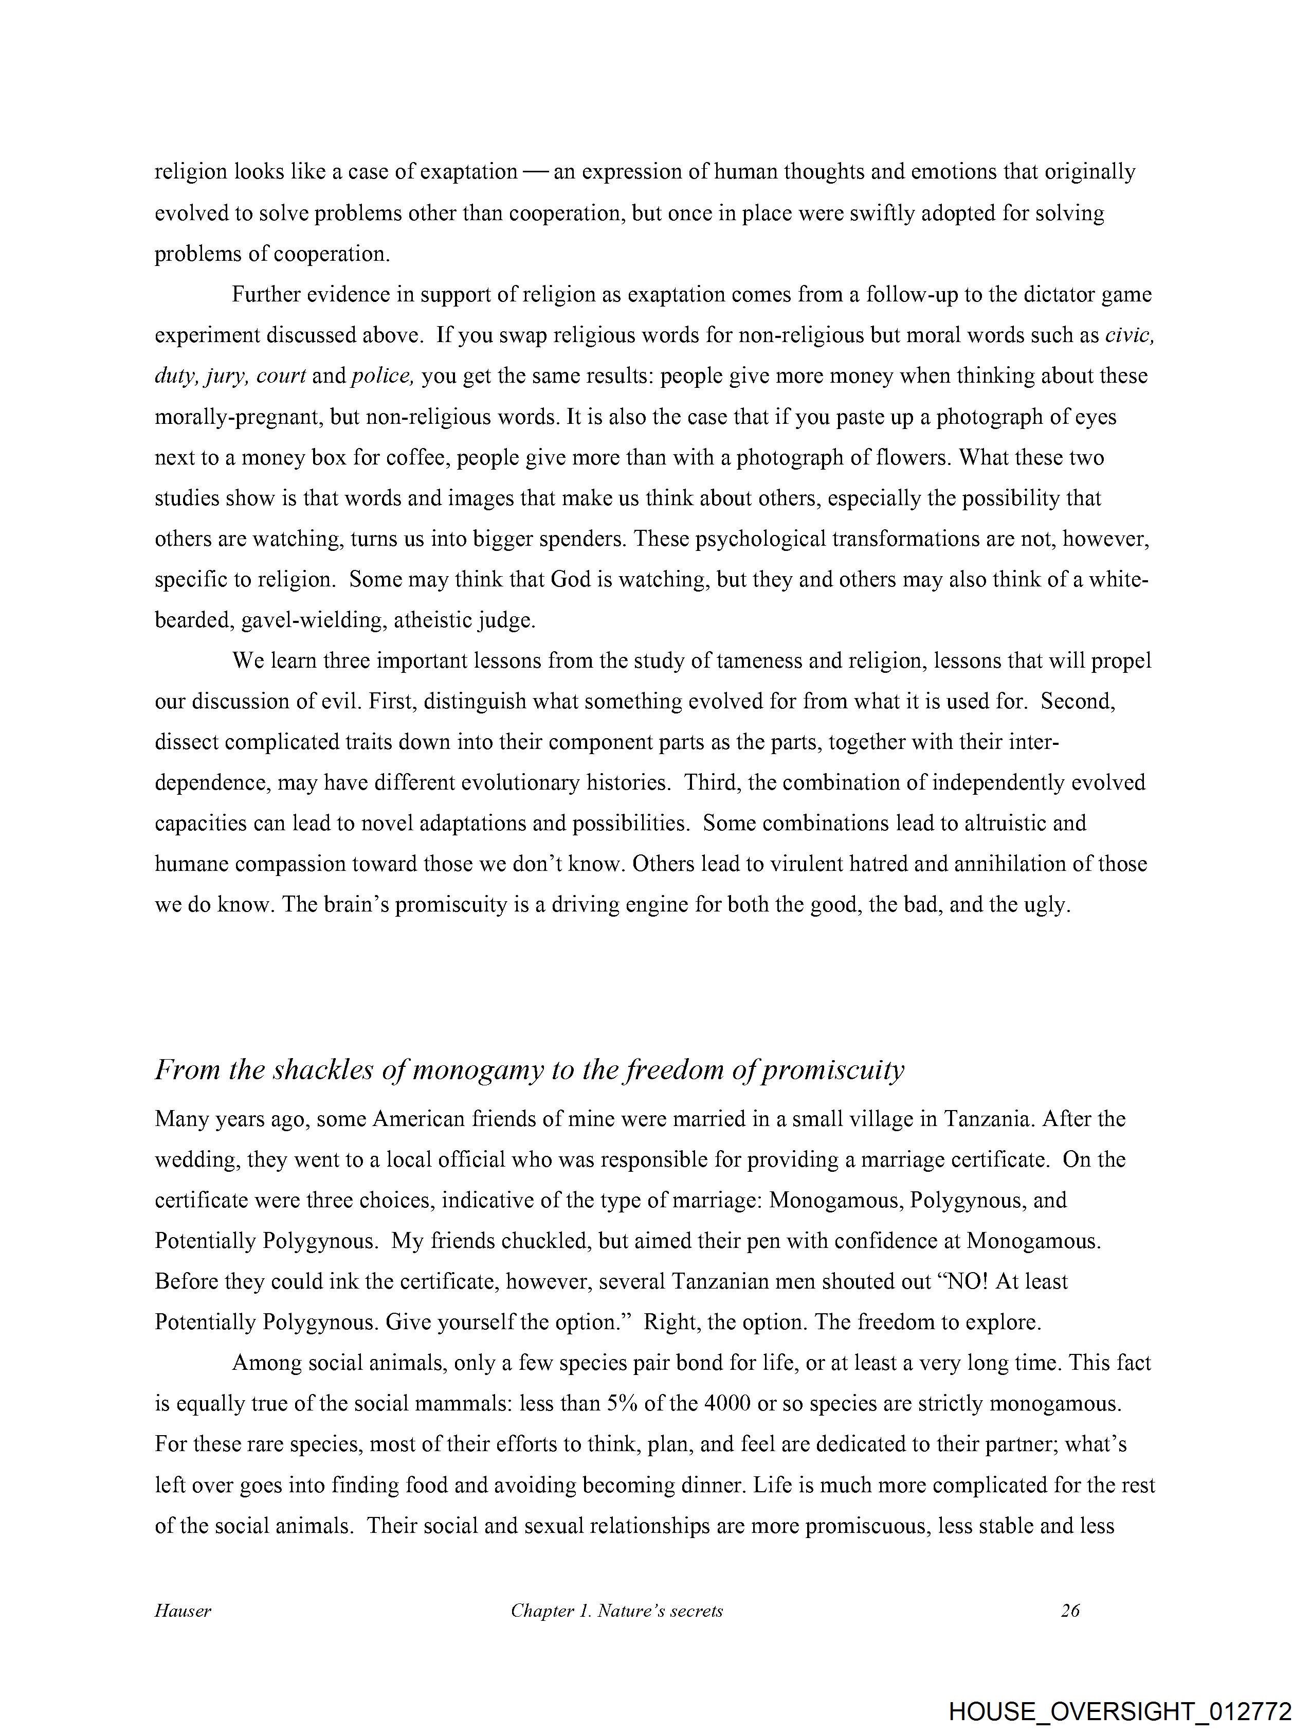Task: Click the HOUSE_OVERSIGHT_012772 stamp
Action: coord(1120,1709)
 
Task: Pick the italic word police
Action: coord(381,376)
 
